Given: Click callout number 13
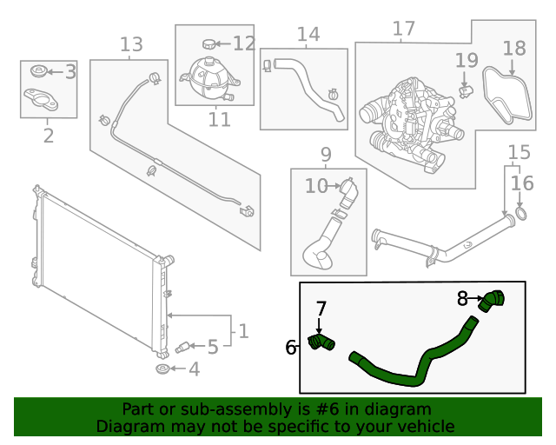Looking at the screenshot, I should click(130, 44).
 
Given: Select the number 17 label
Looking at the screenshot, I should click(404, 29).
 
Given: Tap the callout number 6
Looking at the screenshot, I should click(291, 348).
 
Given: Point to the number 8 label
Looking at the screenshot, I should click(464, 299).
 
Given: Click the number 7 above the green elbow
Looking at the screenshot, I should click(321, 309).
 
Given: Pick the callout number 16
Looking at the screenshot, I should click(522, 183).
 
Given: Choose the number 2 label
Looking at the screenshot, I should click(49, 135).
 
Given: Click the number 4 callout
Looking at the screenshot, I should click(193, 369).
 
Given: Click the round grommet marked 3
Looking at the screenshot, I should click(37, 71).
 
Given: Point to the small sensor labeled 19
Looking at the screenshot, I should click(466, 90).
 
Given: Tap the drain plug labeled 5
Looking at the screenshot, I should click(182, 348).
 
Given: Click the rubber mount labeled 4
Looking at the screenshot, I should click(162, 371).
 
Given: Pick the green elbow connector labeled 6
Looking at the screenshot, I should click(322, 345).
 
